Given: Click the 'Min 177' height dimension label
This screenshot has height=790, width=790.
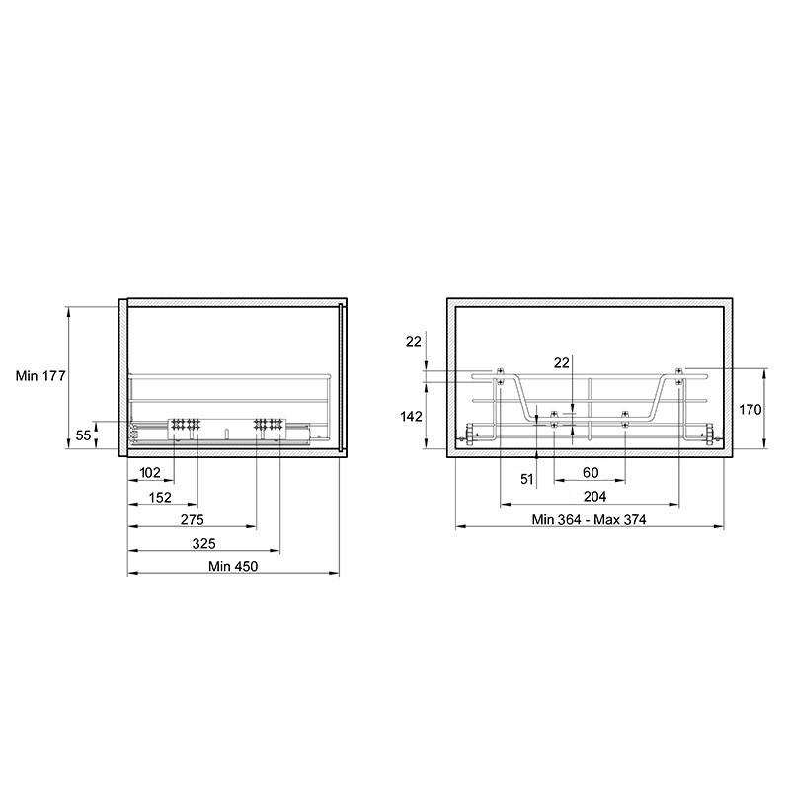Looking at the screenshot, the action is [40, 376].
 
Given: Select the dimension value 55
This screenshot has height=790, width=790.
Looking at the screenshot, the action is [83, 434].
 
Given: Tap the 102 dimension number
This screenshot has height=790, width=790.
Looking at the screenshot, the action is [150, 473].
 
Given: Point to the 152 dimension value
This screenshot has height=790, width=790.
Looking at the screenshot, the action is [160, 498].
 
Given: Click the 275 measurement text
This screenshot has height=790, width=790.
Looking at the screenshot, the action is [192, 519].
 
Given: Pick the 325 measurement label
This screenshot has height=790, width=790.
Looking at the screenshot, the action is [204, 544].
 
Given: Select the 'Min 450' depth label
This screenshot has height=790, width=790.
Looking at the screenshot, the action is [233, 566].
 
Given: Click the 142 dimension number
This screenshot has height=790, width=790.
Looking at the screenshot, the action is [411, 416].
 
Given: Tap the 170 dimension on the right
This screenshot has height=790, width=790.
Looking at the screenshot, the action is [750, 410].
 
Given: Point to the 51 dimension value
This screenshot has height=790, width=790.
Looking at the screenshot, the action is [527, 479].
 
